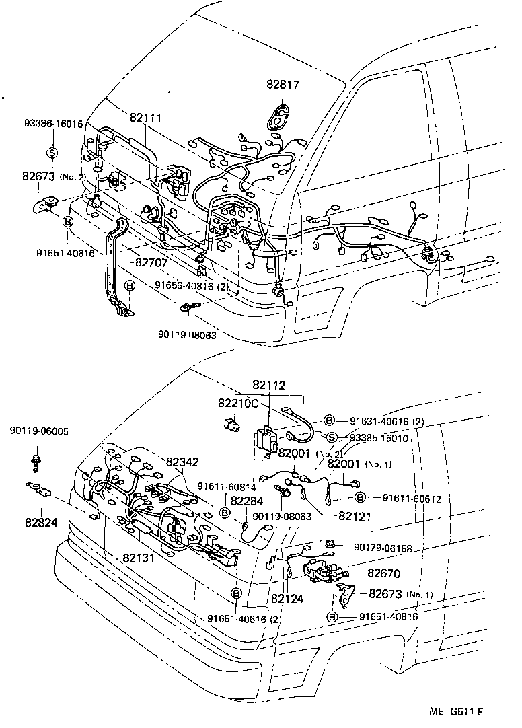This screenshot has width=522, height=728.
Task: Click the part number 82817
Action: [282, 85]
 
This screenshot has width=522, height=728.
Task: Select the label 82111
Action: [145, 118]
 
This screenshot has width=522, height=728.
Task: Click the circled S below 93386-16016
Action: [52, 151]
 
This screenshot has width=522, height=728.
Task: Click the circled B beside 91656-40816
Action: [130, 286]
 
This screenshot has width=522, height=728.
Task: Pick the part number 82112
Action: [269, 386]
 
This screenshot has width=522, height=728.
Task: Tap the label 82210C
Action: [237, 403]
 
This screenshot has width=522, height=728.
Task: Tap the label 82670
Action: [383, 573]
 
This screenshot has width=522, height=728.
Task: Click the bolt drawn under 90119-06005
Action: [35, 463]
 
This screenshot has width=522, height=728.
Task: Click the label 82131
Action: [139, 558]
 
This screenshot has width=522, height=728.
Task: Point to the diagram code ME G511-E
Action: [457, 711]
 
